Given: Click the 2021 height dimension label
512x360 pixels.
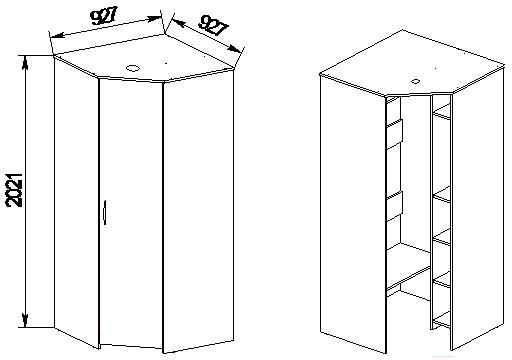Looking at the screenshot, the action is (15, 190).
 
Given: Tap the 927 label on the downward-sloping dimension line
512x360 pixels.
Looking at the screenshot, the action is (213, 26).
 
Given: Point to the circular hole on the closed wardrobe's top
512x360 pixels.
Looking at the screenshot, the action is (133, 68).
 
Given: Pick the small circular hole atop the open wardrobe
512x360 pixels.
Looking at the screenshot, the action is (416, 81).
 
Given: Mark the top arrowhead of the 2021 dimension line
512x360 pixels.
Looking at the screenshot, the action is (25, 63).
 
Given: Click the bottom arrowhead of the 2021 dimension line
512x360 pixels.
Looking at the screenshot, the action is (25, 320).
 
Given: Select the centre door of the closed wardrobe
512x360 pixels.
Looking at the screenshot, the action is (131, 213).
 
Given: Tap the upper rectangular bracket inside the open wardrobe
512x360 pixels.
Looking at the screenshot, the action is (395, 133).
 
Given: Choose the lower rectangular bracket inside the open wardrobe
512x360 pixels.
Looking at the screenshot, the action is (395, 207).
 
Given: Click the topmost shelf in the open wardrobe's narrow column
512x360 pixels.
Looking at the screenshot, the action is (441, 111).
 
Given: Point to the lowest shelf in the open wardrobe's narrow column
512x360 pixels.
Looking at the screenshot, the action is (441, 319).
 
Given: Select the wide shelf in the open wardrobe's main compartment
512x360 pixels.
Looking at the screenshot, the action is (408, 266).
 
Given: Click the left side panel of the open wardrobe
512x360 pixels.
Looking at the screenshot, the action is (353, 213).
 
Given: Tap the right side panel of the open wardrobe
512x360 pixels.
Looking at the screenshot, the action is (478, 207).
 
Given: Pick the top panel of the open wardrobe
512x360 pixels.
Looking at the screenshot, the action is (413, 63).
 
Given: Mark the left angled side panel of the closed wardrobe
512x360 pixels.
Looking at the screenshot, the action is (77, 202).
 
